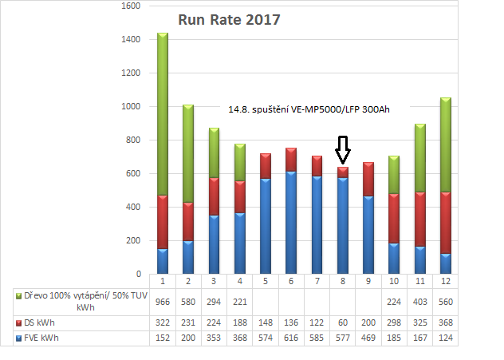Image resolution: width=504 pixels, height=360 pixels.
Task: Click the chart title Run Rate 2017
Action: [228, 20]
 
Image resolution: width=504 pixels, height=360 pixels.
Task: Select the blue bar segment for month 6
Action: [291, 223]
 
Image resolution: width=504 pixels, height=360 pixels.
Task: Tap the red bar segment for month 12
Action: [446, 223]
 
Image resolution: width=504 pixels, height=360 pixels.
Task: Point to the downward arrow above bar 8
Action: [343, 148]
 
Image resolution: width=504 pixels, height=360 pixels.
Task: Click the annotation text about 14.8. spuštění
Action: [308, 109]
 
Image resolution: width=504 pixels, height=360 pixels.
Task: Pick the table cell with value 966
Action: [163, 303]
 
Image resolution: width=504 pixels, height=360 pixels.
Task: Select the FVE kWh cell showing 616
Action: [291, 338]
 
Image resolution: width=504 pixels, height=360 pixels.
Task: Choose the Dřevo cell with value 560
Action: [446, 303]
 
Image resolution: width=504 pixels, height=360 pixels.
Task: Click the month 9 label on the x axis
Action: [368, 280]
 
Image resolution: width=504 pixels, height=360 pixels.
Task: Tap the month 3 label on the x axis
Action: [214, 280]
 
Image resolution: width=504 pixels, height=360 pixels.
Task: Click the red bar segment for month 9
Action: [368, 179]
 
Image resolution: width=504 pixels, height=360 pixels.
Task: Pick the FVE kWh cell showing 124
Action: [446, 338]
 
